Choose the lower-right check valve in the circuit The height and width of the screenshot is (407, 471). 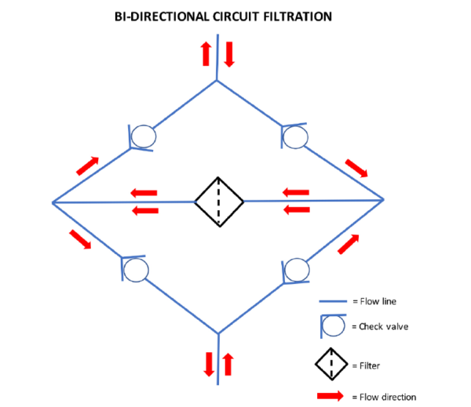(296, 270)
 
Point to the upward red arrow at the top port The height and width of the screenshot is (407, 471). (206, 53)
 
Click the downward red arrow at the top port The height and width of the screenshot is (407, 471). (229, 53)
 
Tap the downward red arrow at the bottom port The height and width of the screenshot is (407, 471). (209, 364)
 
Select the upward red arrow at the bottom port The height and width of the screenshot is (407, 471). (228, 364)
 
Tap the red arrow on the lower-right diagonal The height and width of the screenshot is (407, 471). (349, 243)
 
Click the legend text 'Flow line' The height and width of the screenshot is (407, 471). (378, 301)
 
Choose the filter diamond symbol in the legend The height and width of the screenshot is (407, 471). (332, 363)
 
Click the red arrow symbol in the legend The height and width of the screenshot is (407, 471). (331, 395)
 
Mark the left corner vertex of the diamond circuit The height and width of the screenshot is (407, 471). (52, 202)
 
